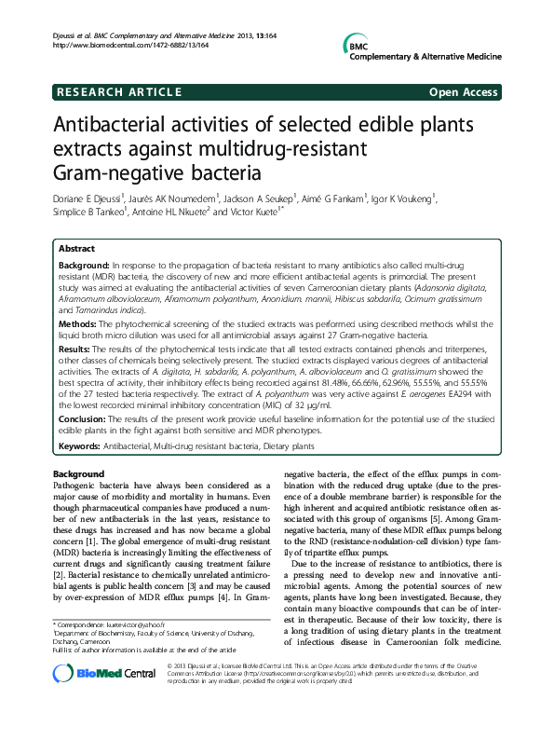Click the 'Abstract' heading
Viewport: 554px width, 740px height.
76,250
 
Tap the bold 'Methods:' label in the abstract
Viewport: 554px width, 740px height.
80,320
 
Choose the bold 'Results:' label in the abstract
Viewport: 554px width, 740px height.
78,347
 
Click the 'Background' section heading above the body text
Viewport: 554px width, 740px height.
79,474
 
